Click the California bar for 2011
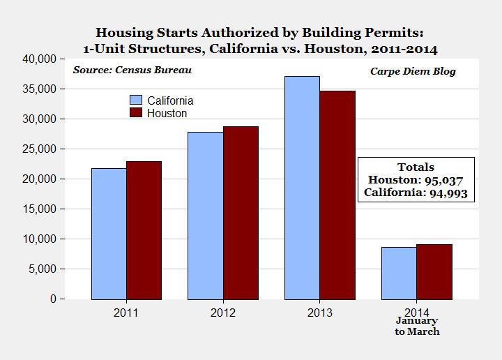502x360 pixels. coord(109,234)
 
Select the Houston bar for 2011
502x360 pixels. coord(144,230)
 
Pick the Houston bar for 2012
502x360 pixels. coord(241,212)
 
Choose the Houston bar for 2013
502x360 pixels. coord(337,195)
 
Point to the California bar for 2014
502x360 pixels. coord(399,273)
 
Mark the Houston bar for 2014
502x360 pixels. coord(434,271)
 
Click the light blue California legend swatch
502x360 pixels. coord(135,100)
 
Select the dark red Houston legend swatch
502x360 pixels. coord(135,112)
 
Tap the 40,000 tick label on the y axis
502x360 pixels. coord(40,59)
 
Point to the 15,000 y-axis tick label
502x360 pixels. coord(40,209)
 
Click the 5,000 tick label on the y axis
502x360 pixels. coord(43,269)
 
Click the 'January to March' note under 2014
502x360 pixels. coord(417,326)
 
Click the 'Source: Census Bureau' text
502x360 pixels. coord(132,70)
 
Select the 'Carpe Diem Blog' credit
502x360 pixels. coord(413,71)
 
